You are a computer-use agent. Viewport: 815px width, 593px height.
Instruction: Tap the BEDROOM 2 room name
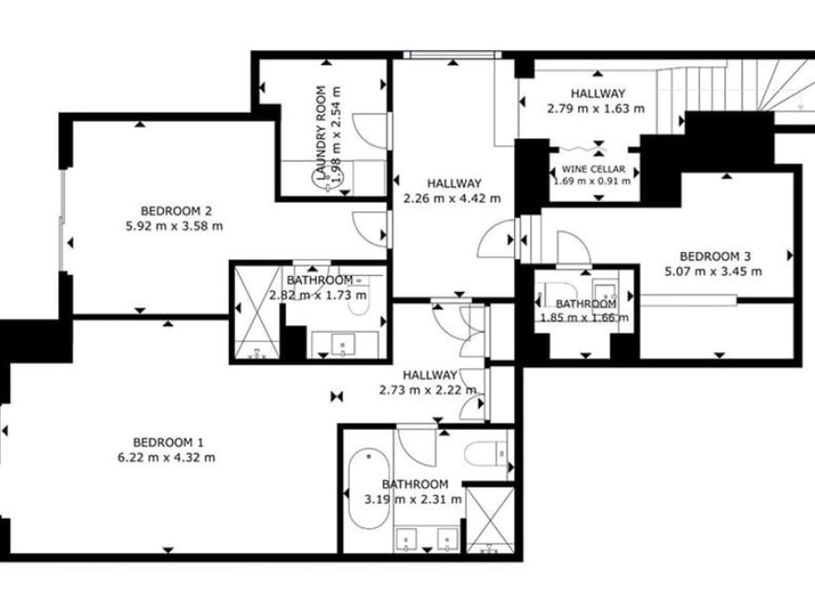pos(177,209)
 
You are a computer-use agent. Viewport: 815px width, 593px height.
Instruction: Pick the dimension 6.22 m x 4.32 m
pos(174,457)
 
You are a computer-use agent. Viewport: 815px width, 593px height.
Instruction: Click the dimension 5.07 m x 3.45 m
pos(713,271)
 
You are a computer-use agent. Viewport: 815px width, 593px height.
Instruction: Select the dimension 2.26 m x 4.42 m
pos(453,197)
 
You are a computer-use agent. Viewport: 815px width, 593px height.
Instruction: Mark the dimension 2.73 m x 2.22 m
pos(429,390)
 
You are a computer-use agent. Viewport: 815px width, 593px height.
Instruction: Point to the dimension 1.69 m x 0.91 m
pos(593,181)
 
